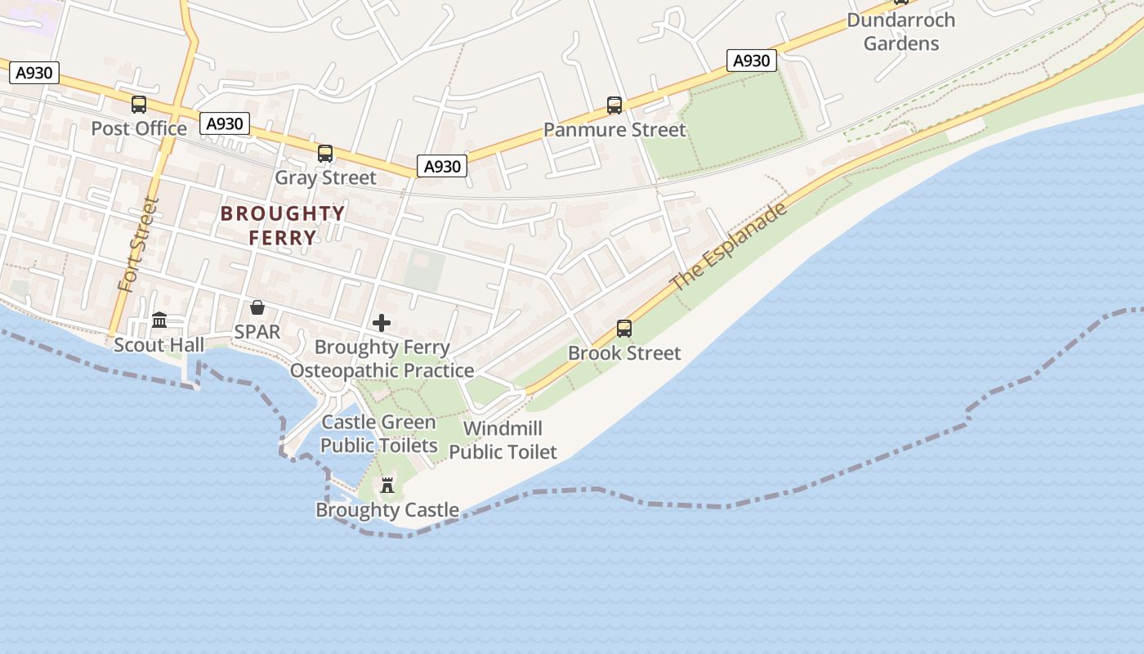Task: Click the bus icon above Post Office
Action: click(x=139, y=105)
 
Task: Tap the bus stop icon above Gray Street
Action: click(x=325, y=154)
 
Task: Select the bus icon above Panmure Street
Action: click(x=614, y=105)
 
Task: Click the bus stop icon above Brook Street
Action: click(x=624, y=329)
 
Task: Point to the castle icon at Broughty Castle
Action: click(x=387, y=486)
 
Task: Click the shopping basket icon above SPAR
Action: click(x=257, y=307)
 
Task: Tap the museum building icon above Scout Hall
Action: click(x=159, y=320)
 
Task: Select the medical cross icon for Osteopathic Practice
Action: click(x=382, y=323)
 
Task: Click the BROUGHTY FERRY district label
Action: click(x=283, y=226)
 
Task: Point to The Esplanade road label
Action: click(x=730, y=245)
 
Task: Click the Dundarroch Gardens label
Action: click(x=901, y=31)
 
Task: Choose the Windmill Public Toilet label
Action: click(x=503, y=440)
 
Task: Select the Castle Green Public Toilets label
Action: click(x=378, y=434)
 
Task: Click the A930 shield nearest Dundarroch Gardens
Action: click(x=751, y=60)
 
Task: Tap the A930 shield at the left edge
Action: click(x=34, y=73)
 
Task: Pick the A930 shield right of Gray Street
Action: click(x=442, y=166)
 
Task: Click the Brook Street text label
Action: click(x=624, y=353)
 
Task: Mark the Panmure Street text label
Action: click(x=614, y=130)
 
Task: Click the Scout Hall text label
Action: click(x=159, y=345)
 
